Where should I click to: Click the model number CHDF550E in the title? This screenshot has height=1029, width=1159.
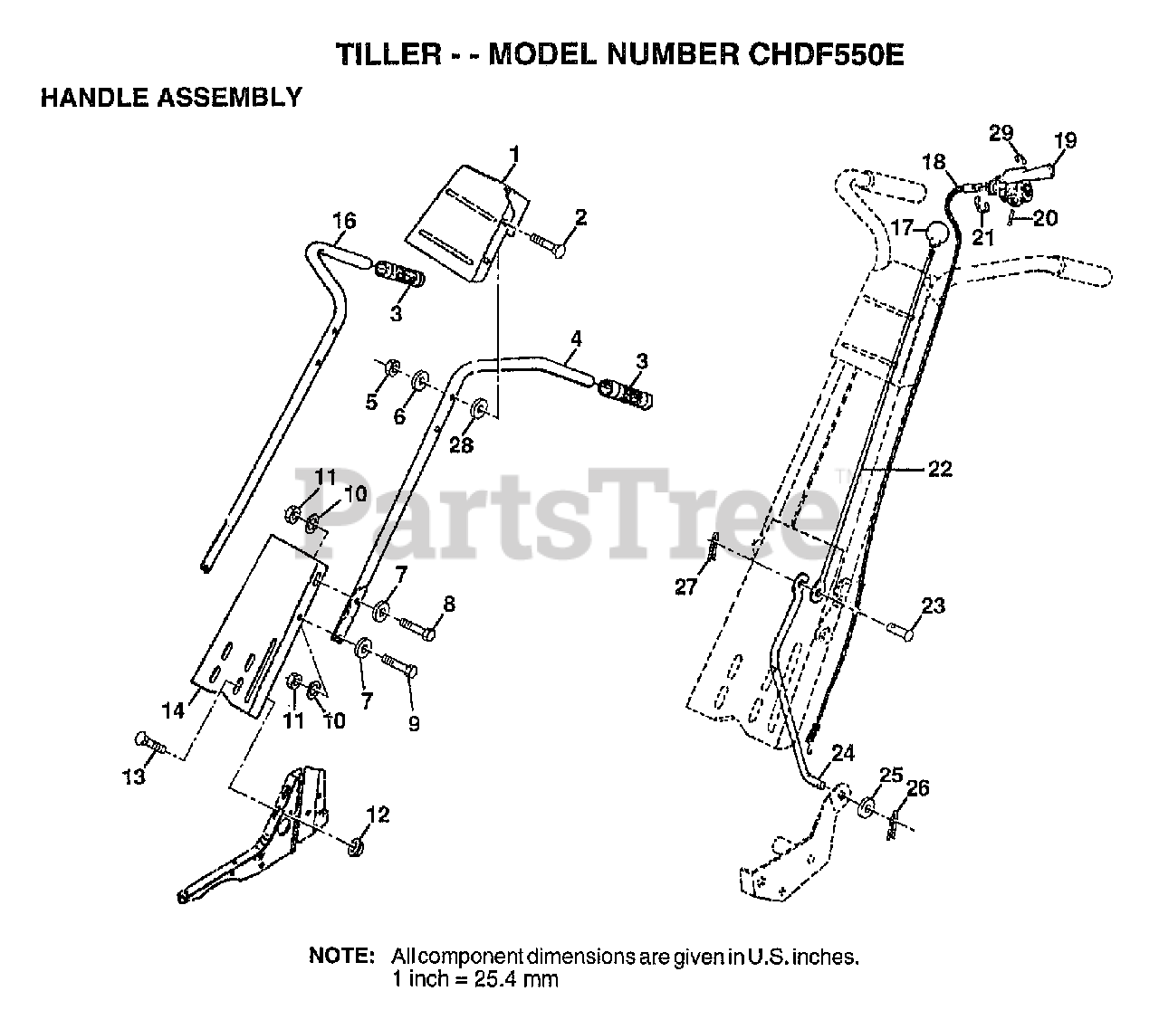coord(825,54)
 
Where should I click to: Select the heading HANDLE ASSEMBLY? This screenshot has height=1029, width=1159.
coord(171,97)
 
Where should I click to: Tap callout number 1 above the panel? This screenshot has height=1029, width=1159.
coord(513,155)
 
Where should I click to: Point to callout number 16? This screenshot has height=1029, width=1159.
coord(344,221)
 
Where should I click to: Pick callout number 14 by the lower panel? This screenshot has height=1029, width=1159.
coord(174,710)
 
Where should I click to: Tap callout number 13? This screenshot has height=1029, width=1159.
coord(134,777)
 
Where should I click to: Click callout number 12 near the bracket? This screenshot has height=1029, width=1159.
coord(378,815)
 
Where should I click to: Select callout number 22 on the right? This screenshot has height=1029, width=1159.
coord(940,469)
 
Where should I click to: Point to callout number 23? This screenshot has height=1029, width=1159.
coord(934,605)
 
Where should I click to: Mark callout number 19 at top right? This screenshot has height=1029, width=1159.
coord(1065,140)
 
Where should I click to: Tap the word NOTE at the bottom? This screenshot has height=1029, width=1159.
coord(341,957)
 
